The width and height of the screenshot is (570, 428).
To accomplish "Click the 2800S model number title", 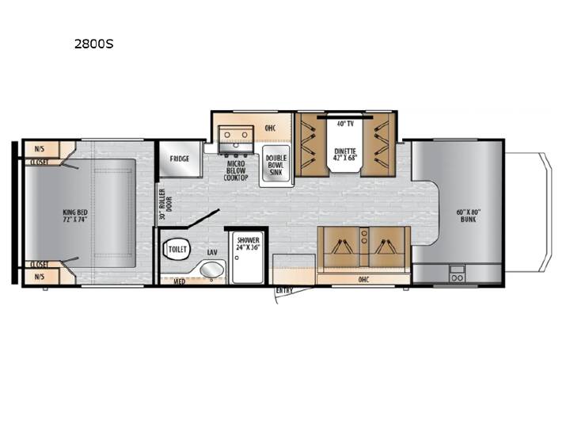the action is click(93, 44).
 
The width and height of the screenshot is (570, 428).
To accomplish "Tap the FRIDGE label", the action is click(180, 159).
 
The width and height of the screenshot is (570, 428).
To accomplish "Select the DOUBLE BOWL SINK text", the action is click(276, 165).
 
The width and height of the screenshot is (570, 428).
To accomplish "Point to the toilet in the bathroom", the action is click(177, 249).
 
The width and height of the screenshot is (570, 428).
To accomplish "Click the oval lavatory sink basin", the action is click(211, 269).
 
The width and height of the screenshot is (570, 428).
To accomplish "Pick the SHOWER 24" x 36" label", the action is click(248, 244).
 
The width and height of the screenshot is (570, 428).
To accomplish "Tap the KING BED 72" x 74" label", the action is click(75, 216).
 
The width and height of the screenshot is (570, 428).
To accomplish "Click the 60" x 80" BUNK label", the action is click(468, 216).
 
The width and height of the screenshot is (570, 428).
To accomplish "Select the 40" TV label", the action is click(345, 124).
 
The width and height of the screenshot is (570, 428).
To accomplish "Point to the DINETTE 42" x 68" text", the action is click(345, 155).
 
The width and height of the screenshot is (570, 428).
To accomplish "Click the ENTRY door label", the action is click(284, 291).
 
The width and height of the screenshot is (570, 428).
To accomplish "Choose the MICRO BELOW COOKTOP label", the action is click(236, 170).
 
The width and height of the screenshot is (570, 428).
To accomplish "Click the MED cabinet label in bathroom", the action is click(179, 281).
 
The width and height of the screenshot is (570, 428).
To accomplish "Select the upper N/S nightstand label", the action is click(40, 149).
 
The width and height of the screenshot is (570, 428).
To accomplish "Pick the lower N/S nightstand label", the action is click(40, 277).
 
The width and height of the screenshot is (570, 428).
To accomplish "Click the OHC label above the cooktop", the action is click(270, 128).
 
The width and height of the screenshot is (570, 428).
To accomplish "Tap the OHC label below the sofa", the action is click(363, 280).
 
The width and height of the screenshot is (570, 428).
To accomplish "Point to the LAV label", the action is click(212, 252).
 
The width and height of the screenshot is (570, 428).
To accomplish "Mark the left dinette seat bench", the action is click(311, 145).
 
